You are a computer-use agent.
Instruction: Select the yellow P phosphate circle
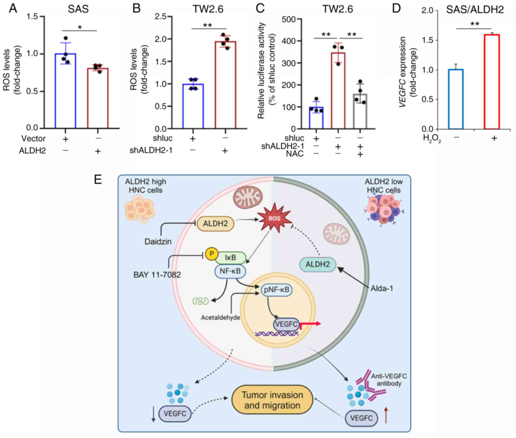[212, 254]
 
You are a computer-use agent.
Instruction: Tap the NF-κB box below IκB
[230, 271]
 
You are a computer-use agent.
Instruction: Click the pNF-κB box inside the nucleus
[277, 290]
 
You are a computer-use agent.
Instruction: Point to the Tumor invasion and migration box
[272, 400]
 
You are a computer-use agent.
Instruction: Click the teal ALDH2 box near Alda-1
[318, 264]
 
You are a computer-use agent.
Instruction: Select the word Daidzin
[158, 241]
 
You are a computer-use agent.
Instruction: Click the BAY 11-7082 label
[157, 275]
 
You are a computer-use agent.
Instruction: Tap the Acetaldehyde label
[220, 318]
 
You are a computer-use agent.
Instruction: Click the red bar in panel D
[492, 82]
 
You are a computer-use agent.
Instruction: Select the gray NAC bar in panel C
[360, 111]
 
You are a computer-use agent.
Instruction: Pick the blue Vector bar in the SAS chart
[66, 91]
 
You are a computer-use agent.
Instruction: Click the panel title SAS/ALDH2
[475, 10]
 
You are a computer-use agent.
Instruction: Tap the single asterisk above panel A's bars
[80, 27]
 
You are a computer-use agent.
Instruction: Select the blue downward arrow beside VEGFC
[153, 415]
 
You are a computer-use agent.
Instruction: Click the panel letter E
[98, 180]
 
